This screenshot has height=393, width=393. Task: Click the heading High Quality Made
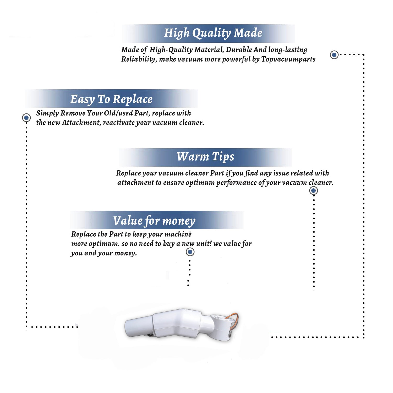213,33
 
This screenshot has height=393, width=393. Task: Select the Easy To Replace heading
111,99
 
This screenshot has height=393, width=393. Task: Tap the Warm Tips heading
205,157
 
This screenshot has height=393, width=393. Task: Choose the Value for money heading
154,221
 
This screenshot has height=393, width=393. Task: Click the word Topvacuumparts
288,59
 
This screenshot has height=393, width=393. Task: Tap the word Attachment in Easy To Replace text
81,123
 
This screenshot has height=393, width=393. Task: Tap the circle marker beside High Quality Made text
334,55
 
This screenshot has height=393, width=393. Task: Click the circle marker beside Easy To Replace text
26,118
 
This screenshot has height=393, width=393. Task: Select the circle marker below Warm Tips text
313,190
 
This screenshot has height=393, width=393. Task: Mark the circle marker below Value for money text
190,252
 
